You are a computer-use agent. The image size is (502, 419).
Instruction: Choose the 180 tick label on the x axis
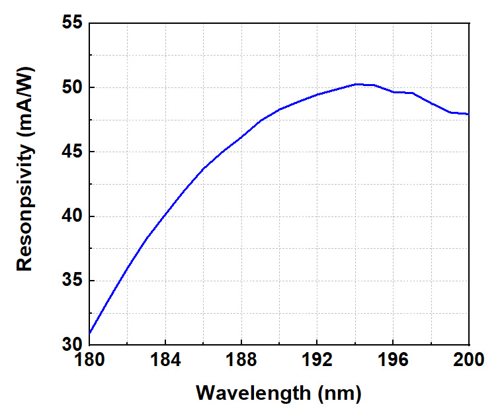[x=89, y=361]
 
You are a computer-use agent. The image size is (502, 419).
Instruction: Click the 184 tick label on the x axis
[x=165, y=361]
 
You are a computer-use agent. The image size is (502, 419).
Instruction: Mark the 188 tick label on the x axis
[x=241, y=361]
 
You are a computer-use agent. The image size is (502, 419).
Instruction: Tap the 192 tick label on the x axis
[x=317, y=361]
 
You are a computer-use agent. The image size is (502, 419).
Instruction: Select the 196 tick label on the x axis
[x=394, y=361]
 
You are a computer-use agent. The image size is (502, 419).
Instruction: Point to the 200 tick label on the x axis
[x=469, y=361]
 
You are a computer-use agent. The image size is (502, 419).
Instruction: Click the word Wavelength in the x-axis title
[x=253, y=393]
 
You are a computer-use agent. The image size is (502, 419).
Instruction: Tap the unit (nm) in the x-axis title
[x=339, y=393]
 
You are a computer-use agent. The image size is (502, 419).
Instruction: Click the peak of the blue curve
[x=356, y=84]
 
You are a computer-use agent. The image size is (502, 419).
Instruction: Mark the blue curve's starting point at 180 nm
[x=89, y=332]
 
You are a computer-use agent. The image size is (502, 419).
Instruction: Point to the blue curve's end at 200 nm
[x=469, y=115]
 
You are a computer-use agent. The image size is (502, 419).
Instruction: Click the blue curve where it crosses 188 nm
[x=241, y=136]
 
